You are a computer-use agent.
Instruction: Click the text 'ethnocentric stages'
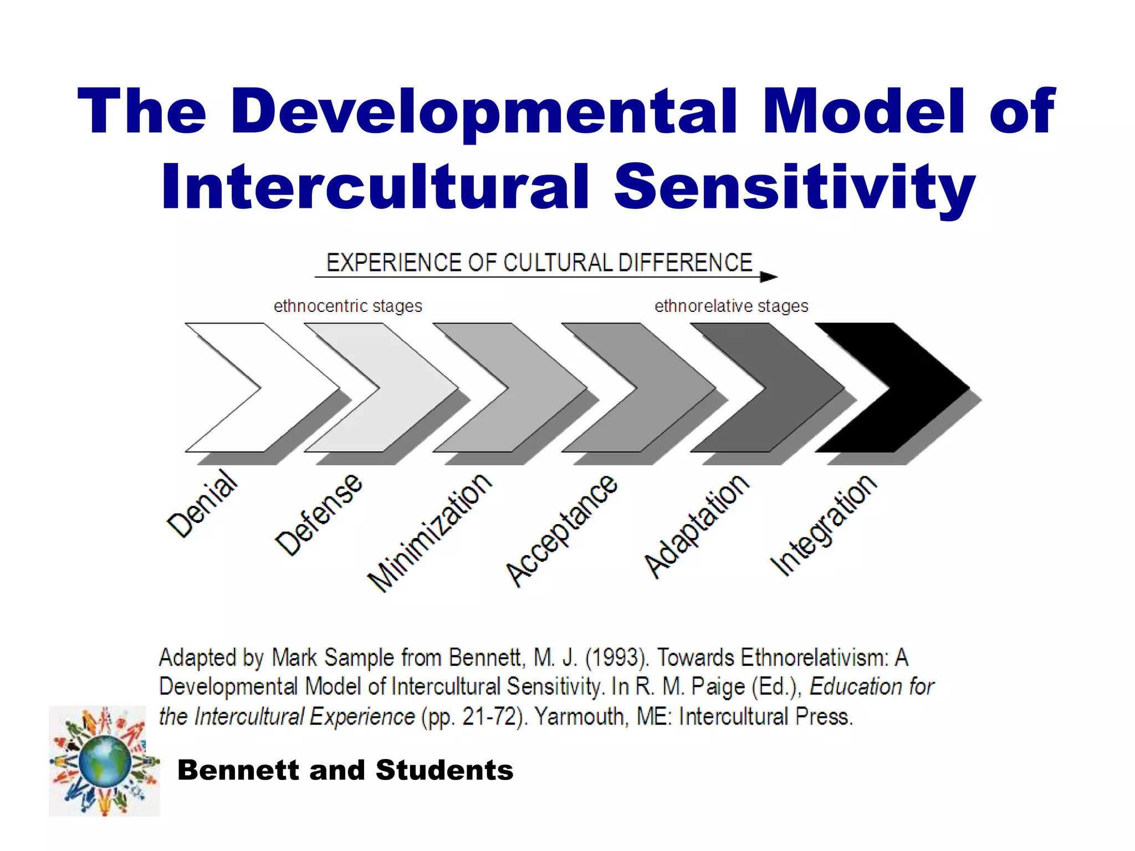347,306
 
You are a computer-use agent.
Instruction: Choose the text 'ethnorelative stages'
731,306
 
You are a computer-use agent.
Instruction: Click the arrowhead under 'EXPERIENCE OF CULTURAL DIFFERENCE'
769,276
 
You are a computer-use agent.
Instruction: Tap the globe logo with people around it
104,761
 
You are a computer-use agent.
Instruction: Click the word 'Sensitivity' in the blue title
794,187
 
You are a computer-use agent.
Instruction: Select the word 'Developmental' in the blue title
484,112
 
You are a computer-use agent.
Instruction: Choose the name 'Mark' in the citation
294,658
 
